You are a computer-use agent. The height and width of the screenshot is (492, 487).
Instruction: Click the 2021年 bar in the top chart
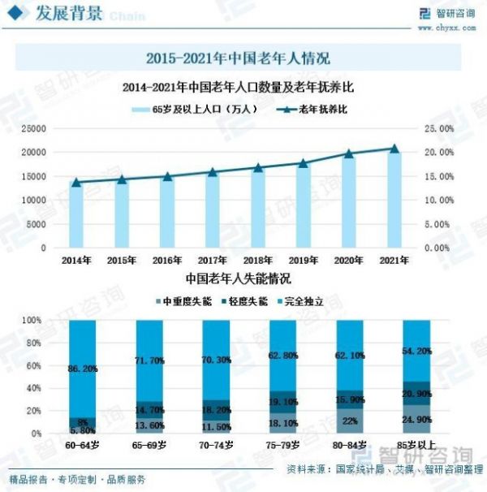click(x=394, y=199)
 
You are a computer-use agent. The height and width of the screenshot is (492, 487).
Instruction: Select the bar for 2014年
click(x=75, y=215)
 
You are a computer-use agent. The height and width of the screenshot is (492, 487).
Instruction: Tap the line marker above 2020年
click(x=349, y=153)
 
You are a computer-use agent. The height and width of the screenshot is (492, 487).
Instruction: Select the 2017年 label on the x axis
click(x=212, y=261)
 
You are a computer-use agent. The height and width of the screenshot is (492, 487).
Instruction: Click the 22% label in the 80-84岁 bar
click(x=350, y=421)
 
